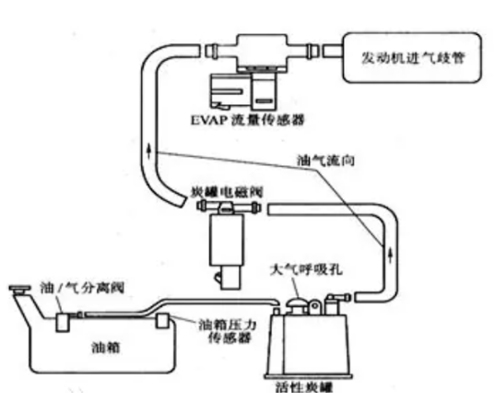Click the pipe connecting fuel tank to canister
(x=212, y=303)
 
